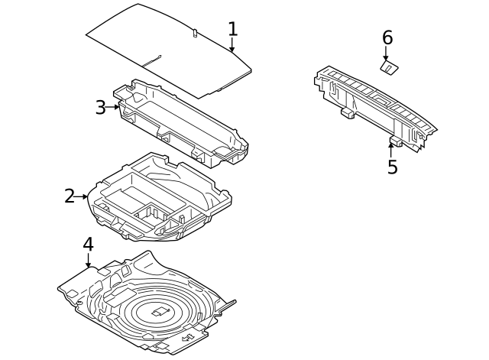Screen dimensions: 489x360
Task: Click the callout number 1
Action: (x=233, y=29)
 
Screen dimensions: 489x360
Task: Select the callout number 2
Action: (x=70, y=196)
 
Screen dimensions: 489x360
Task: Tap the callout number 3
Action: (x=100, y=107)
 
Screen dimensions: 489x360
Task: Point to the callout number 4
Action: (x=89, y=245)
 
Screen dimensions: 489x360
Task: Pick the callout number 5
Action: (x=393, y=167)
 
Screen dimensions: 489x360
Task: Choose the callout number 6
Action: (x=387, y=37)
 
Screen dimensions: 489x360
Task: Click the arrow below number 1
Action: (x=232, y=44)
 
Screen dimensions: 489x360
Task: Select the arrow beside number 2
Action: (x=81, y=196)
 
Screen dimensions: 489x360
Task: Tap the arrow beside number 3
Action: (x=112, y=107)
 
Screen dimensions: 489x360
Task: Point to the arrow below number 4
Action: (x=89, y=261)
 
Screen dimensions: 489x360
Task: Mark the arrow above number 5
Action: (x=390, y=150)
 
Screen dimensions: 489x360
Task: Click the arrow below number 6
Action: (x=386, y=54)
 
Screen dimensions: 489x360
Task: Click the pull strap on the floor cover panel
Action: (x=152, y=61)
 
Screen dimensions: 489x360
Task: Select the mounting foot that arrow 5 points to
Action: (x=396, y=141)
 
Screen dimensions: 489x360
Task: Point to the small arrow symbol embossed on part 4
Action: (x=187, y=338)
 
